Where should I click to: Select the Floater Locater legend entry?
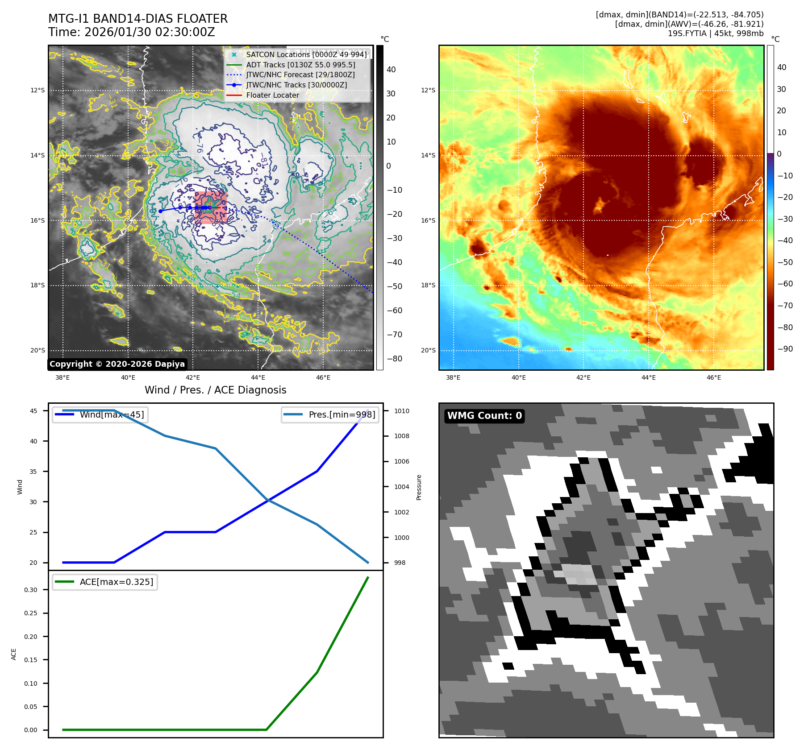coord(272,95)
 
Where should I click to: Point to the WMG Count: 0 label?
coord(484,416)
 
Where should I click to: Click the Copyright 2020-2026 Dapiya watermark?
coord(117,364)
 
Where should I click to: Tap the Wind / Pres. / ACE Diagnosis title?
coord(215,390)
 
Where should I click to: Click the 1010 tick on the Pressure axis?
coord(401,411)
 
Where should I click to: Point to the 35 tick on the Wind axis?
coord(33,472)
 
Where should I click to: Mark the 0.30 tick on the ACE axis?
coord(31,590)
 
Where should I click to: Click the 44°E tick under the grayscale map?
coord(258,377)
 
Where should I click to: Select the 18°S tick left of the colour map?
coord(428,285)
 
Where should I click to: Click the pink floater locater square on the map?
coord(210,207)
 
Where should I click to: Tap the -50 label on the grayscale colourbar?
coord(394,286)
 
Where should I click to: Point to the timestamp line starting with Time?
coord(132,32)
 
